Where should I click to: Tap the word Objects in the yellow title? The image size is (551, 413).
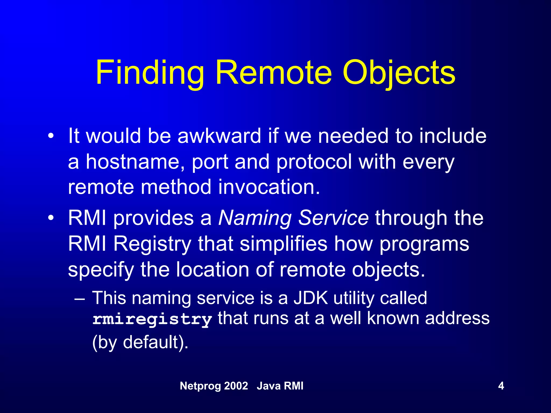click(x=399, y=73)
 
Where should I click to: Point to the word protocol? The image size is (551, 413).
click(x=314, y=162)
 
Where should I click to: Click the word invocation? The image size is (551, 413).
click(x=269, y=187)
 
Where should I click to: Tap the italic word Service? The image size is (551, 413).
click(x=333, y=218)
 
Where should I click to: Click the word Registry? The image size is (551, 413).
click(x=152, y=244)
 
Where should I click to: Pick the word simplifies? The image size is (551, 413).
click(x=284, y=244)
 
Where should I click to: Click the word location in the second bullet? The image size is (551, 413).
click(x=213, y=269)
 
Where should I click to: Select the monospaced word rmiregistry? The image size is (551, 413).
click(x=152, y=319)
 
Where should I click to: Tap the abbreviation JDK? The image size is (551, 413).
click(x=311, y=298)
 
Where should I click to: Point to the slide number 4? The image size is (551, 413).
click(x=501, y=386)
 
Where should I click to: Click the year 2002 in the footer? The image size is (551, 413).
click(x=236, y=386)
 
